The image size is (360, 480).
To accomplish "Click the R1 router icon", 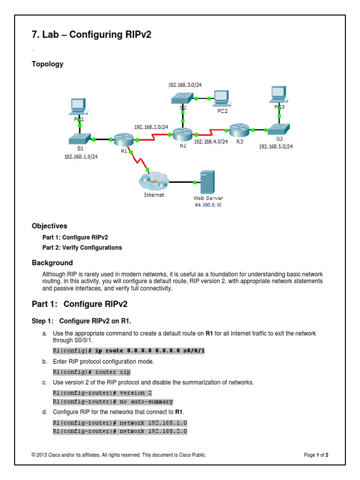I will click(124, 139).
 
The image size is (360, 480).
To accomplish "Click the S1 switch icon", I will click(78, 139).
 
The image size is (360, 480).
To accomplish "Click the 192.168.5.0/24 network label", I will click(276, 146).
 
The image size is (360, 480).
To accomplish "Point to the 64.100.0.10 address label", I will click(208, 205).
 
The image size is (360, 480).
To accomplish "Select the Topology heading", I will click(47, 64).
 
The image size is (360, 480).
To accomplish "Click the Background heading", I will click(52, 262).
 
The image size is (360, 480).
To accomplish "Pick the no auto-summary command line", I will click(112, 402).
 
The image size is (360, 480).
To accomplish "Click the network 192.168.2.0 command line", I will click(120, 431).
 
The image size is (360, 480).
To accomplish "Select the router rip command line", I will click(91, 372).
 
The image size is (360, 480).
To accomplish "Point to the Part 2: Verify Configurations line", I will click(82, 247).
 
